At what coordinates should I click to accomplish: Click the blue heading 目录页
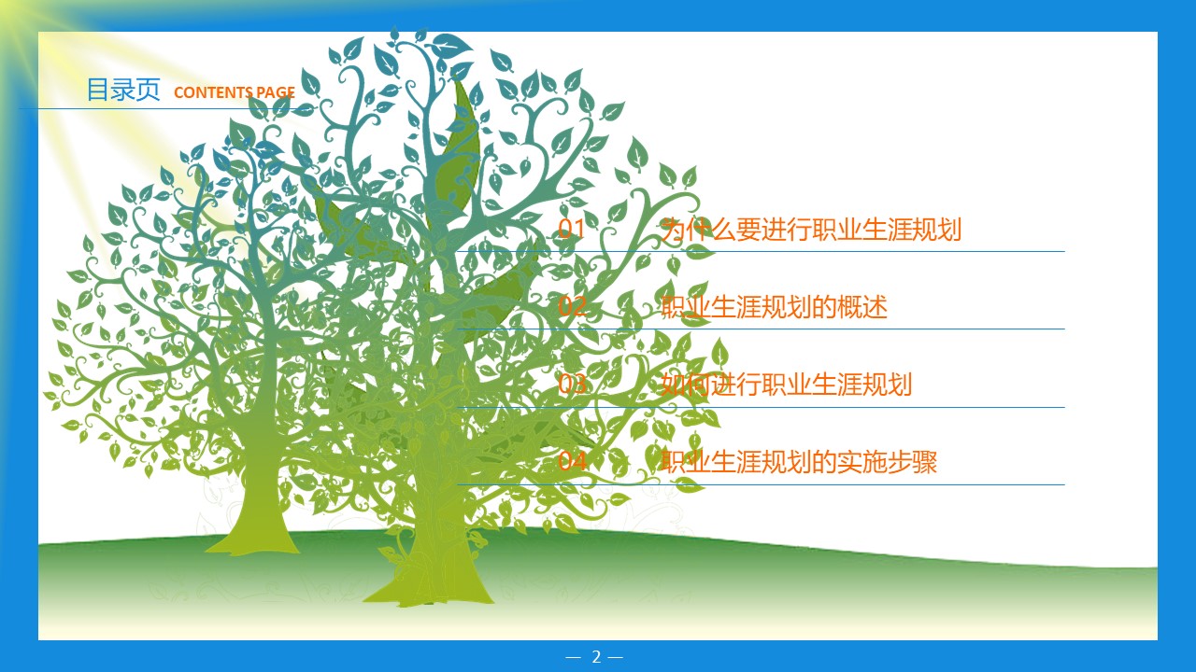(x=122, y=90)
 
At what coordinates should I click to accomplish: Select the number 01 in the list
(x=572, y=230)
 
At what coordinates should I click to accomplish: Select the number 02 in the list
(x=572, y=307)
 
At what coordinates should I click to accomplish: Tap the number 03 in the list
(x=572, y=385)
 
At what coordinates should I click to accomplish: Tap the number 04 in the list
(x=572, y=462)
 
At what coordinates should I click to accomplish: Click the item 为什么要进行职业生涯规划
(x=810, y=230)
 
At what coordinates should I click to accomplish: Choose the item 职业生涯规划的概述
(x=773, y=307)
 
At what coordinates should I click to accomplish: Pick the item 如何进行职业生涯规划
(x=785, y=385)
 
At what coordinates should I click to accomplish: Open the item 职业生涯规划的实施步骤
(x=798, y=462)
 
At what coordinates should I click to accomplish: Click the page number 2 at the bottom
(x=595, y=657)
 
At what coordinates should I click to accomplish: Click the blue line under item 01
(x=841, y=251)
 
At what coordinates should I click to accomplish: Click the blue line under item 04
(x=841, y=484)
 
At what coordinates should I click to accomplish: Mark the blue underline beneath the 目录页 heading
(x=140, y=108)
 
